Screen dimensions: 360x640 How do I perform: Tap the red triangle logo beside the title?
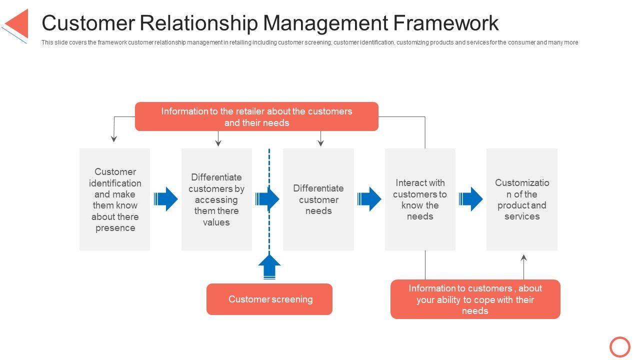tap(18, 23)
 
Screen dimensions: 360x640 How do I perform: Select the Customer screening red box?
tap(269, 299)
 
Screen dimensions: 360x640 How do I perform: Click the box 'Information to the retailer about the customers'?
tap(256, 116)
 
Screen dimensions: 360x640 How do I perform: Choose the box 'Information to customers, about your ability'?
tap(475, 299)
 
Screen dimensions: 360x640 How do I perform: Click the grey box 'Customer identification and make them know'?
tap(114, 199)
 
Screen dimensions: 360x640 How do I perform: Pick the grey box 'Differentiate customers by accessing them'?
tap(216, 199)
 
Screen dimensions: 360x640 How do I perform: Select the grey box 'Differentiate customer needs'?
tap(318, 199)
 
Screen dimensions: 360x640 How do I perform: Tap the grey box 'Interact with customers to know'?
tap(420, 199)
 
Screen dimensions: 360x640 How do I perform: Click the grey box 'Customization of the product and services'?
tap(521, 199)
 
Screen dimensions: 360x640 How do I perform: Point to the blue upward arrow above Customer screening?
tap(269, 266)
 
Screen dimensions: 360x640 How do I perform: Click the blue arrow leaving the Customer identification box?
tap(166, 199)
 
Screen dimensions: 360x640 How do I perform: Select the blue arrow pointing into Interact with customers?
tap(369, 199)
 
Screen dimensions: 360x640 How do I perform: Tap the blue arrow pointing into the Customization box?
tap(471, 199)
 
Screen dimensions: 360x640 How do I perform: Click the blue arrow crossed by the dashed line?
tap(267, 199)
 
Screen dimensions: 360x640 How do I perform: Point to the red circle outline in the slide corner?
tap(620, 346)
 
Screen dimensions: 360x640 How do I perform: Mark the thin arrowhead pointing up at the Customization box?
tap(524, 258)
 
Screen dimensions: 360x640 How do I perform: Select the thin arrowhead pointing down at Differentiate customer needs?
tap(321, 143)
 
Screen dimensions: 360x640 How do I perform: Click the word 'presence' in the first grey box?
tap(115, 228)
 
